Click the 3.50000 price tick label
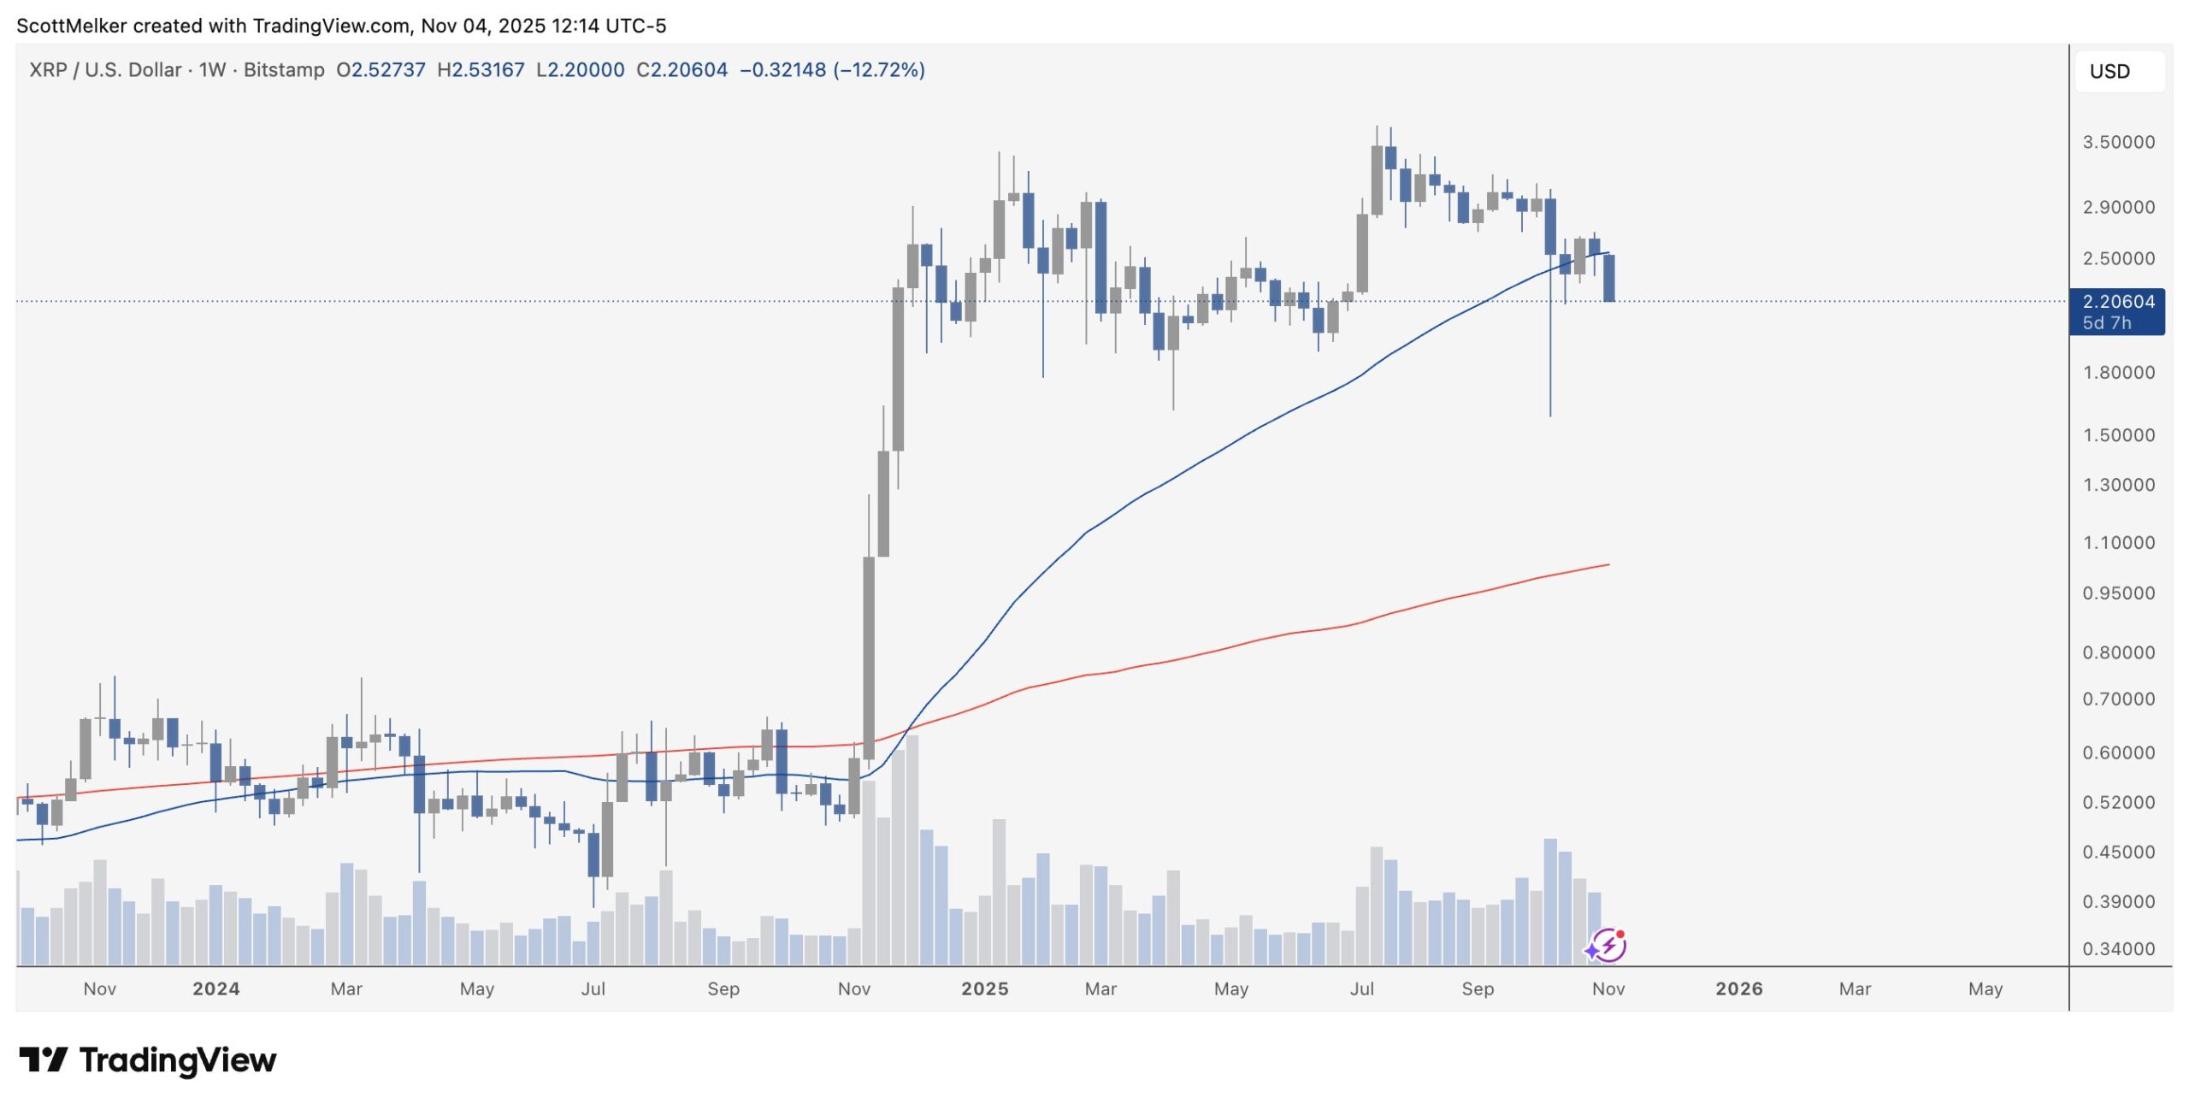click(x=2118, y=142)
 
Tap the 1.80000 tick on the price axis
click(x=2118, y=373)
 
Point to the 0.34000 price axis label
click(x=2118, y=949)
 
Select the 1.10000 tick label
click(x=2118, y=543)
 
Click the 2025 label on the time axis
click(x=984, y=989)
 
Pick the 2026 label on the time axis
click(x=1738, y=989)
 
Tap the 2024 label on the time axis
click(x=215, y=989)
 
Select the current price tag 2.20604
click(x=2118, y=302)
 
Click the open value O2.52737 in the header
click(x=381, y=70)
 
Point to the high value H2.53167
click(x=481, y=70)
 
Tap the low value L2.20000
click(x=580, y=70)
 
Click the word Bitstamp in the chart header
click(x=284, y=70)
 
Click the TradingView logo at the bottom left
click(x=148, y=1060)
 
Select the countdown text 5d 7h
click(x=2107, y=323)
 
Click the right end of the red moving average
click(x=1608, y=565)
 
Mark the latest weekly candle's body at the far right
click(x=1608, y=278)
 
